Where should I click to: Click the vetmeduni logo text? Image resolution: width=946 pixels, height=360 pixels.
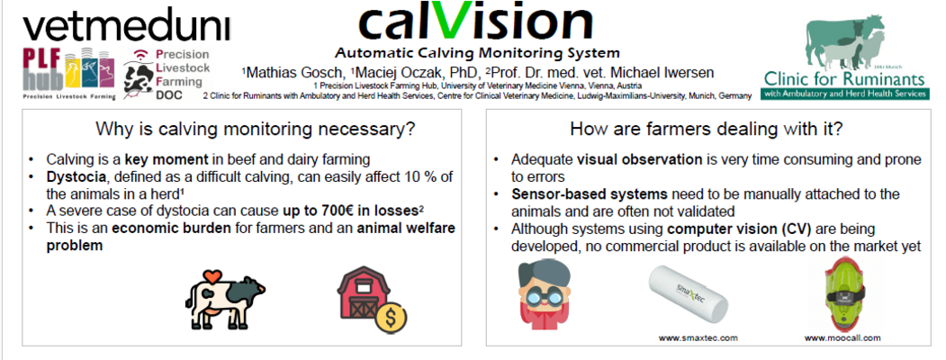tap(127, 28)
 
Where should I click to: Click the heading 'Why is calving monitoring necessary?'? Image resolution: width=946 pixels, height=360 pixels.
tap(256, 129)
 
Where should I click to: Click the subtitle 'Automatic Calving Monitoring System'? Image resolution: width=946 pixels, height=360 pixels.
tap(477, 53)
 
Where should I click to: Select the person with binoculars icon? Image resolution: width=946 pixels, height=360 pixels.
tap(545, 295)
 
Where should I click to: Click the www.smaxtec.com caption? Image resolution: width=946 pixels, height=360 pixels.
tap(698, 337)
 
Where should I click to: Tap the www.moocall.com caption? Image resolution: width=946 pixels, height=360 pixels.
tap(842, 337)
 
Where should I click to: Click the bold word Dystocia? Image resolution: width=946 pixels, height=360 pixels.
tap(70, 178)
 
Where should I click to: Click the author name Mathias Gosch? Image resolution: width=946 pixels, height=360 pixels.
tap(293, 73)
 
